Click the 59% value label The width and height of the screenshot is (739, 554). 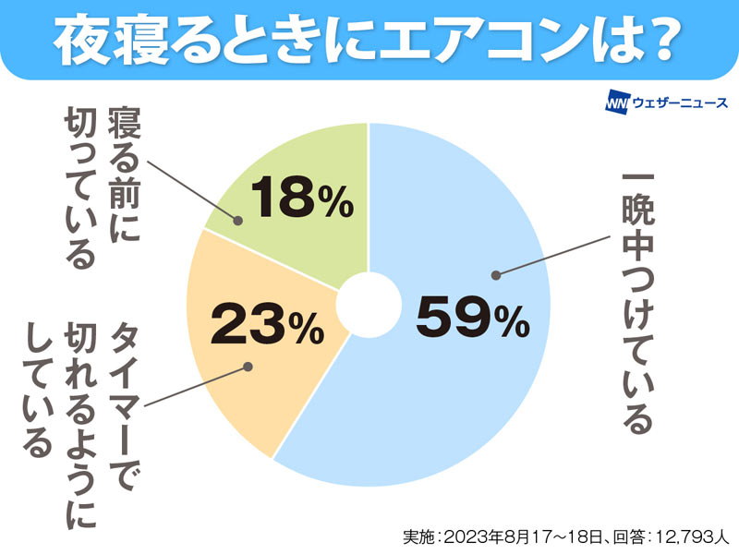[471, 319]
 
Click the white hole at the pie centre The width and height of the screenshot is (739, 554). [368, 306]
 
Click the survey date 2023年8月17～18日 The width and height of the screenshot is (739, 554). [517, 536]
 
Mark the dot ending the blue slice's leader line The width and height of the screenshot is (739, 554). [496, 274]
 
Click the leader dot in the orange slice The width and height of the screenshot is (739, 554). [247, 367]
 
